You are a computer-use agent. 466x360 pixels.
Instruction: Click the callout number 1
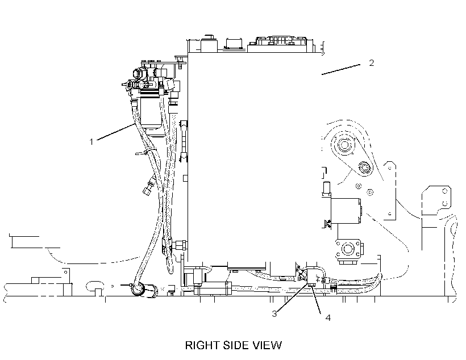(x=91, y=142)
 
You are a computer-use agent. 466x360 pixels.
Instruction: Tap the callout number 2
(x=371, y=62)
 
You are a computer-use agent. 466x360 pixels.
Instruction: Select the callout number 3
(x=274, y=313)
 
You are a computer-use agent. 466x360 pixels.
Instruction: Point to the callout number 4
(x=328, y=317)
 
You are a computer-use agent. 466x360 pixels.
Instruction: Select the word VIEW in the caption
(x=268, y=345)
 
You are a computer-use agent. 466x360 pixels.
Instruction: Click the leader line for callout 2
(x=341, y=69)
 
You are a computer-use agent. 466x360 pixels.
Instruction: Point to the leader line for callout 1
(x=116, y=132)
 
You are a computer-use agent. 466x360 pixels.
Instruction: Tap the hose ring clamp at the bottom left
(x=138, y=289)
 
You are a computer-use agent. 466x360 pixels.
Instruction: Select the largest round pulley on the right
(x=344, y=145)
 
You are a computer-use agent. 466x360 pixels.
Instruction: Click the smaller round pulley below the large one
(x=364, y=168)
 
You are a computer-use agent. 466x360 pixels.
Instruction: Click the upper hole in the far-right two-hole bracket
(x=445, y=191)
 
